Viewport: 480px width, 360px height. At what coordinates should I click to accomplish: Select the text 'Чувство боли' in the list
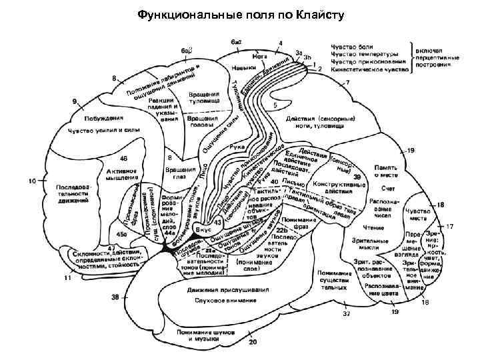(x=353, y=46)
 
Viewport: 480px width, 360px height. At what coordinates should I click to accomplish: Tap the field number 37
(x=345, y=312)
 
